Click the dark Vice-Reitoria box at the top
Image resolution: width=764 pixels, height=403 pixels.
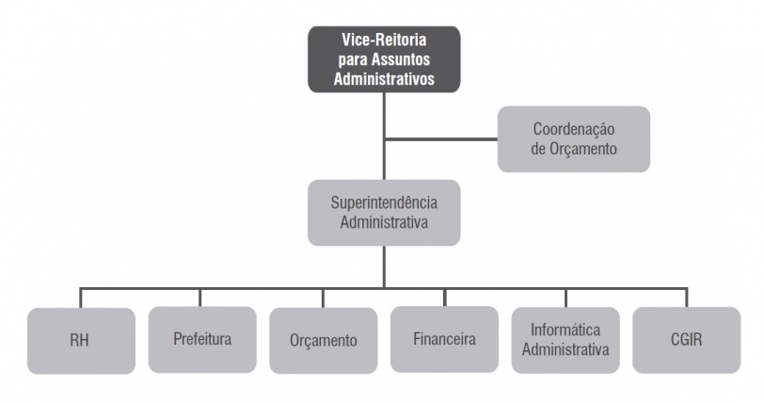(384, 58)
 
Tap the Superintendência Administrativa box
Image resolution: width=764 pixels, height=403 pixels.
(384, 213)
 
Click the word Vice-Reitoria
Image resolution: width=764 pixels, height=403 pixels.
(384, 41)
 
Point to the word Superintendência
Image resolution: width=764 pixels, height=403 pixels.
(384, 202)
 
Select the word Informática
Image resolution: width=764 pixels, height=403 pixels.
(565, 330)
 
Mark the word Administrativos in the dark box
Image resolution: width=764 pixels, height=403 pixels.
(384, 79)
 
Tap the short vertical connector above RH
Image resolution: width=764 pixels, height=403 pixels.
(81, 298)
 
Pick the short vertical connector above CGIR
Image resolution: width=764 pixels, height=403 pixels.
(687, 298)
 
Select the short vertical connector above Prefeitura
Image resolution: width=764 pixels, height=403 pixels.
(202, 298)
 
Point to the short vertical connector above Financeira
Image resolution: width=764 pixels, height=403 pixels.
(444, 298)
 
